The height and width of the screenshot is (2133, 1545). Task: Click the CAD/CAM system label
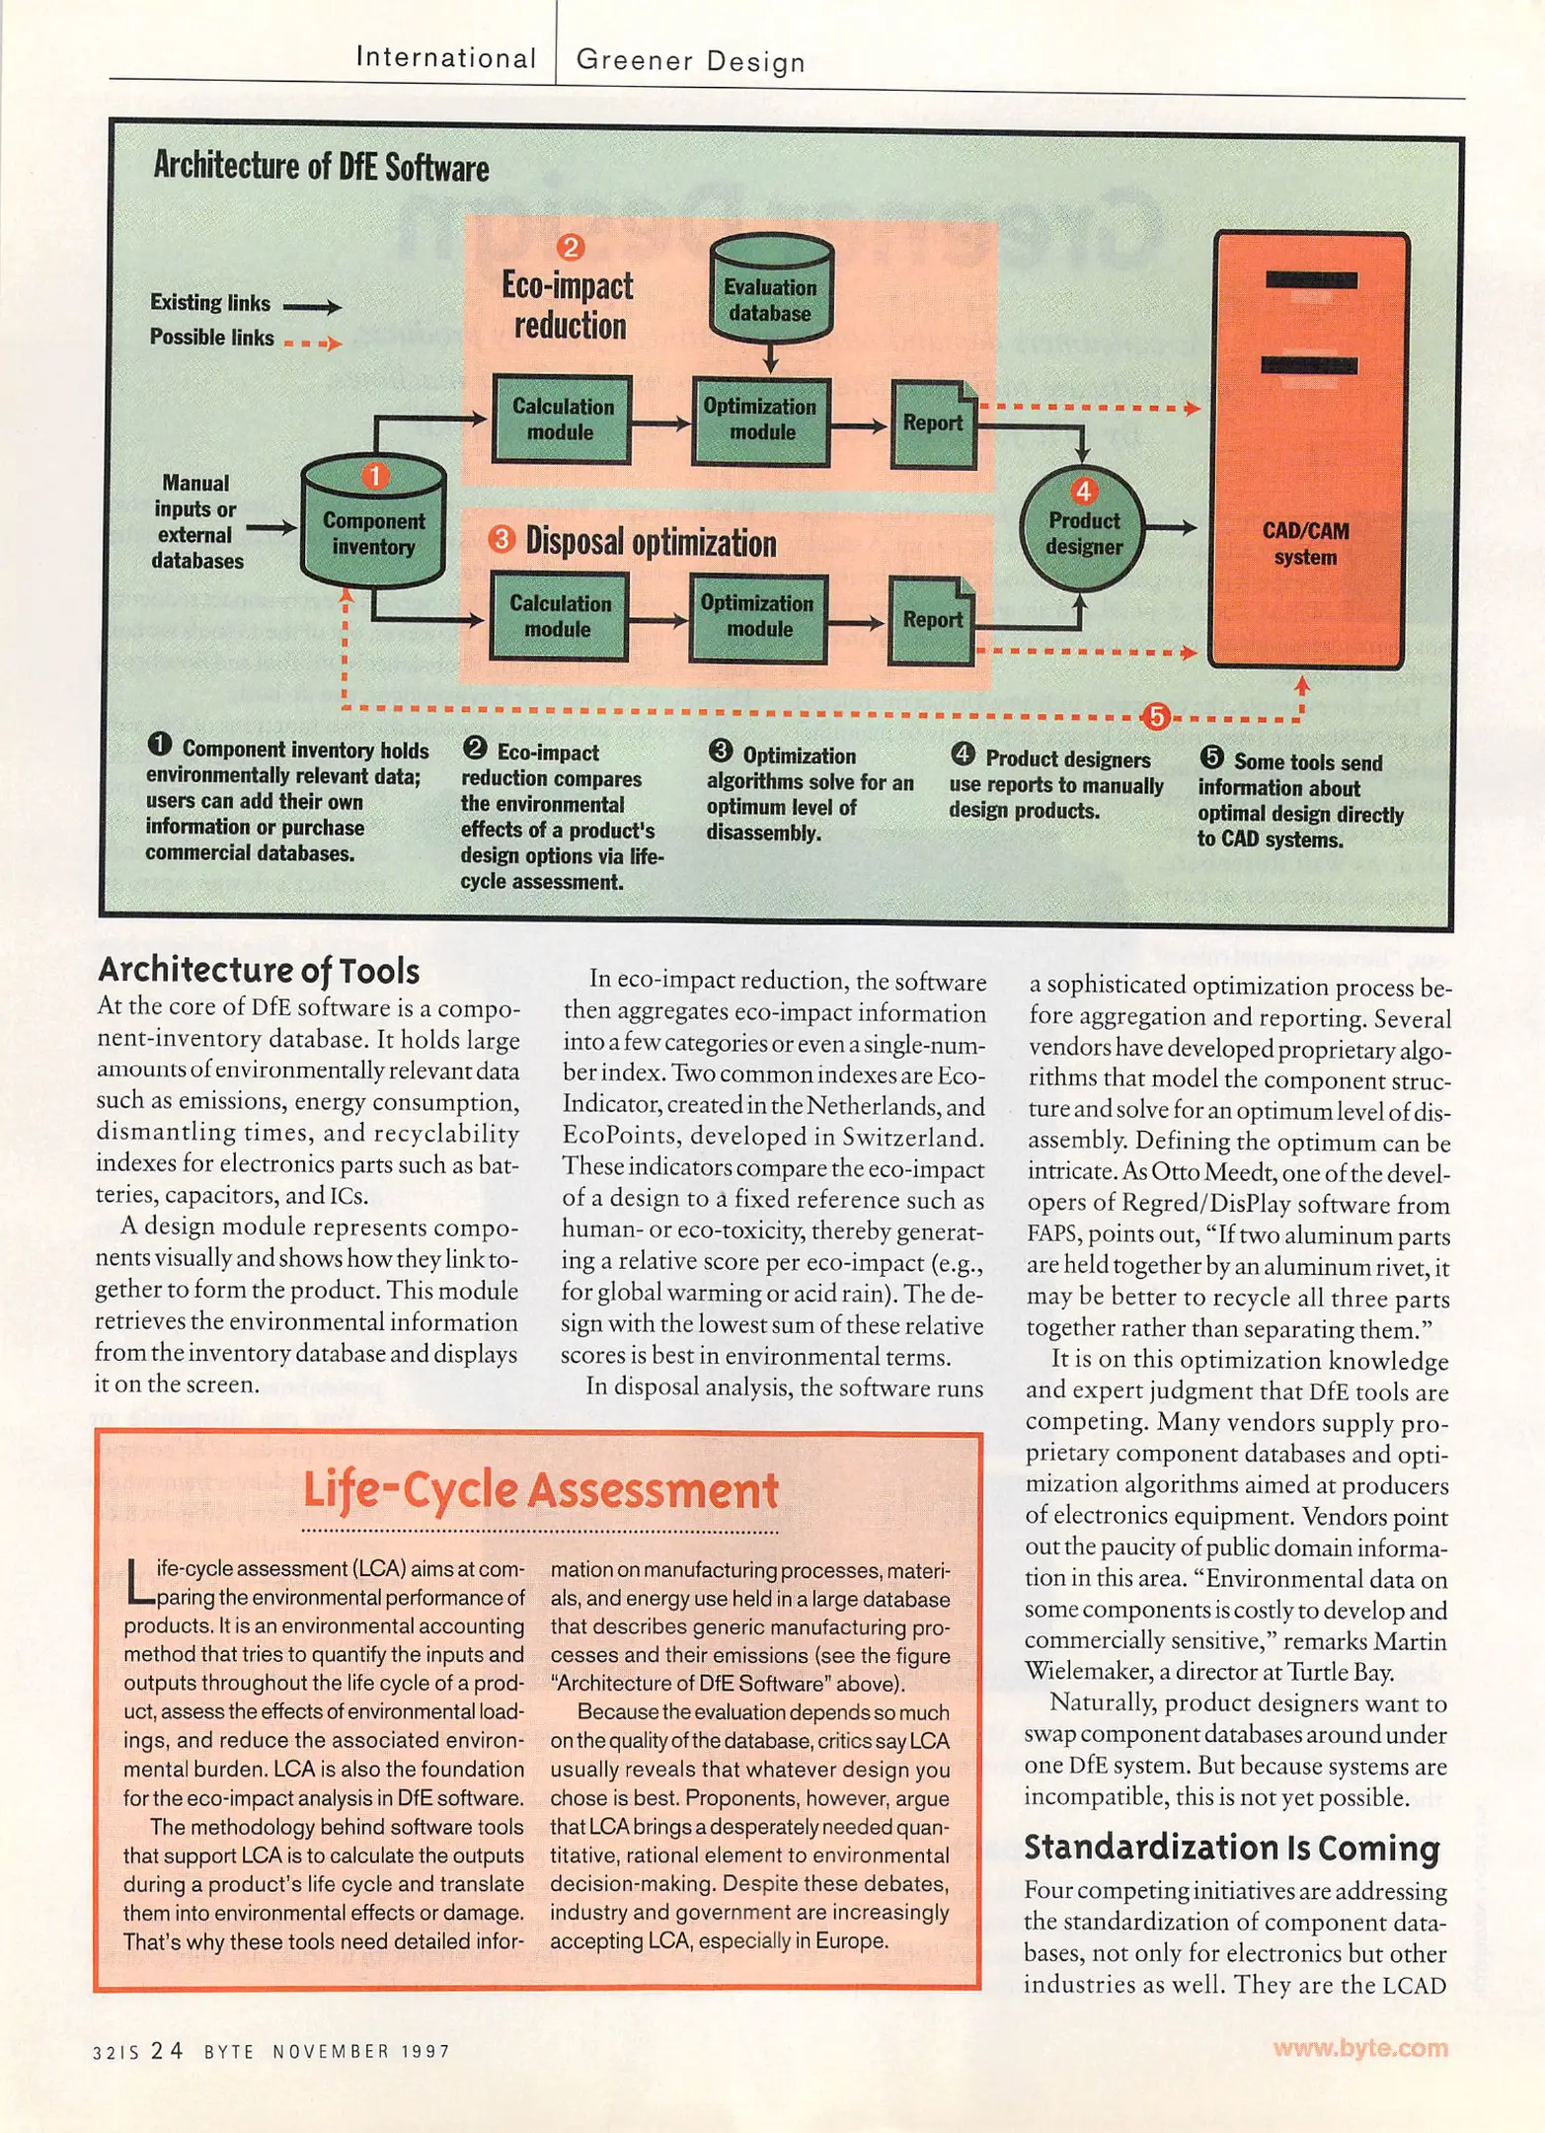pos(1304,543)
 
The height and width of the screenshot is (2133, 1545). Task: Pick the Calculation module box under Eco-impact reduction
pos(560,420)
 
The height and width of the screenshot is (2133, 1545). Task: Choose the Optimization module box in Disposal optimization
pos(758,616)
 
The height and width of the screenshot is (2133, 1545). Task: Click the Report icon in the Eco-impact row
pos(932,424)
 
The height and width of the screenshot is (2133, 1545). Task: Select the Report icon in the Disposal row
pos(931,620)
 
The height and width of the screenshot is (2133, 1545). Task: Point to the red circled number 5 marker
pos(1156,716)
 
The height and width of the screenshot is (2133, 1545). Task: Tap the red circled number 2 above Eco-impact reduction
pos(570,246)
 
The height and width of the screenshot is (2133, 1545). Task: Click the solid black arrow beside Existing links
pos(311,307)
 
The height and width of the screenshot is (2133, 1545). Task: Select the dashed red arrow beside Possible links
pos(311,344)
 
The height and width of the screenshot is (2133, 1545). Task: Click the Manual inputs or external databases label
pos(195,521)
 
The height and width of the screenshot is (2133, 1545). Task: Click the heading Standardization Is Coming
pos(1231,1848)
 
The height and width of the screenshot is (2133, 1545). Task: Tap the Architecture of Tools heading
pos(259,971)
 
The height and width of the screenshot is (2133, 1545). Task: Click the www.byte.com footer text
pos(1359,2048)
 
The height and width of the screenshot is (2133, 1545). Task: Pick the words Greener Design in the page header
pos(690,61)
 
